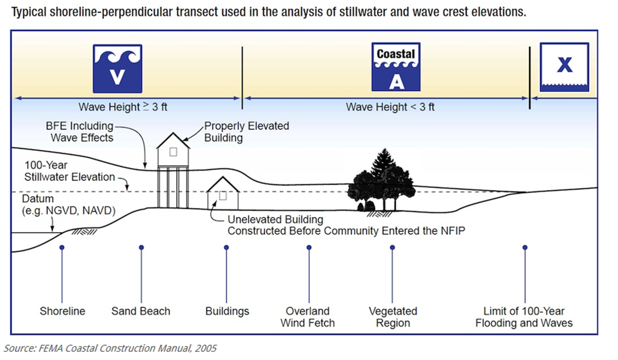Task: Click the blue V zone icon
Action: point(118,69)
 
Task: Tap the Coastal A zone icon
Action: point(396,67)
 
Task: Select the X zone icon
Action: point(565,67)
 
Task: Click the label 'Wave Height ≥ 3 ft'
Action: point(123,107)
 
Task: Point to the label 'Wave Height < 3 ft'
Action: point(390,107)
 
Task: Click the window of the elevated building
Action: point(173,152)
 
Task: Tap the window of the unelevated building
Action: point(223,196)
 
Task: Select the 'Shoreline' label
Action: point(62,311)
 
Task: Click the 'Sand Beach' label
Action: point(141,311)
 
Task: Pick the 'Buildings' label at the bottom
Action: point(227,311)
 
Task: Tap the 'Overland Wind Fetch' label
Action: point(308,317)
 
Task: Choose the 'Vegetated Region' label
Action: point(393,317)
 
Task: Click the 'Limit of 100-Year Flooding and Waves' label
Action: point(524,317)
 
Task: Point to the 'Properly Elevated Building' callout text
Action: point(247,132)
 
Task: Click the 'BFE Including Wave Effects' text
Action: point(80,132)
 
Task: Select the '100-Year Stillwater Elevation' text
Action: point(70,171)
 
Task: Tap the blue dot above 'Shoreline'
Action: point(62,247)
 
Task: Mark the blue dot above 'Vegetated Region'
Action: point(392,247)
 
